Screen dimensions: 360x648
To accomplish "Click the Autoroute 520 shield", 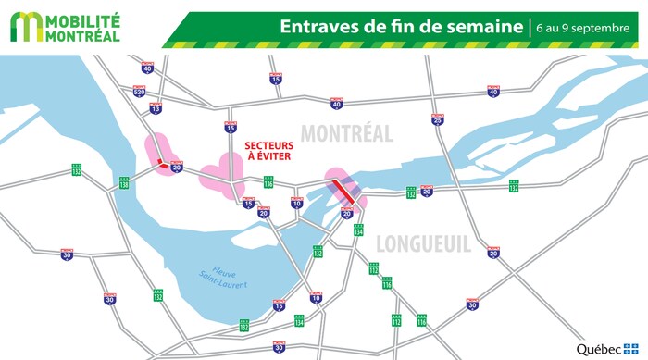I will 139,93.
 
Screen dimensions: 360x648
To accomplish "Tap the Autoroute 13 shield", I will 156,108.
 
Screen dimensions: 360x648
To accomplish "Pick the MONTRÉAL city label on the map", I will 346,134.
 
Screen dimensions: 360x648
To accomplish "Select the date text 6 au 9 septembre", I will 583,27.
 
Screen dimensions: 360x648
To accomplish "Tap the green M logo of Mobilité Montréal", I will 25,27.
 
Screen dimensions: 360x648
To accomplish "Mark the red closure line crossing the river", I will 344,192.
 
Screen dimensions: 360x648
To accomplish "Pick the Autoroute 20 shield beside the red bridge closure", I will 347,214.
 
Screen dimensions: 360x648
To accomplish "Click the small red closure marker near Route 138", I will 161,164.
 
